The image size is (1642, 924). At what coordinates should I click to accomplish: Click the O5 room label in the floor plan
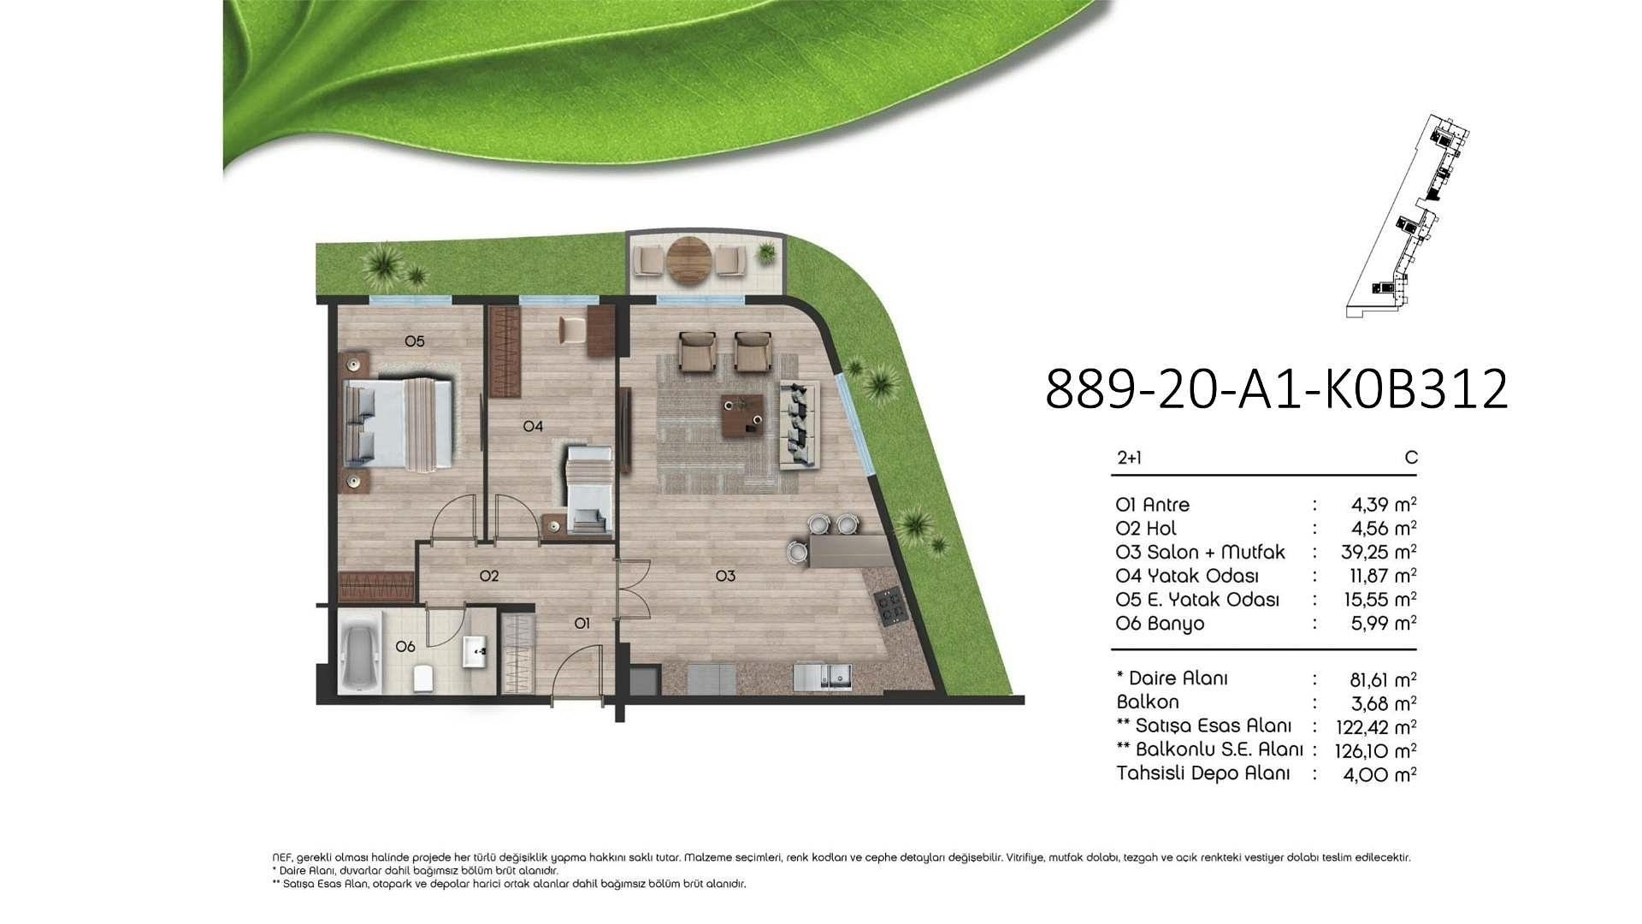click(x=414, y=341)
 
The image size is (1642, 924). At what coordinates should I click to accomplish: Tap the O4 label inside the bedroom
click(x=533, y=426)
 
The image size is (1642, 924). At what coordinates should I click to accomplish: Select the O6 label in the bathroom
click(x=405, y=647)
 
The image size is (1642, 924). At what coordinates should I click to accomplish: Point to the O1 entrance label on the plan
click(x=582, y=624)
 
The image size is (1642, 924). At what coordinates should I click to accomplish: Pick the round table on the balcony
click(x=689, y=259)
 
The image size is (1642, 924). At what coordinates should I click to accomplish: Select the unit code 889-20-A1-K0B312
click(x=1276, y=389)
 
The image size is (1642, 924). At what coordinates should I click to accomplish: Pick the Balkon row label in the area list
click(x=1148, y=702)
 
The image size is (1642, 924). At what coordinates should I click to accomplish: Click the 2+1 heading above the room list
click(x=1129, y=458)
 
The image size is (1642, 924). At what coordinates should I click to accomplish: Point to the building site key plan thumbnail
click(x=1409, y=216)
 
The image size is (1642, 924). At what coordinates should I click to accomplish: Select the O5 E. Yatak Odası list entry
click(x=1197, y=600)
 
